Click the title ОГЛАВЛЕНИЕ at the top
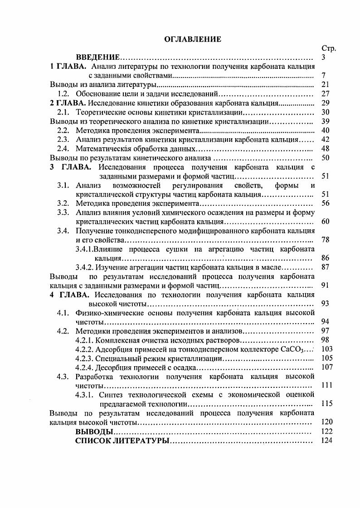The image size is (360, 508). click(193, 39)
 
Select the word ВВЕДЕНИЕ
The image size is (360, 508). click(97, 58)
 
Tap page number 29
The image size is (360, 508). click(325, 102)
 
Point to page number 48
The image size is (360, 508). click(325, 149)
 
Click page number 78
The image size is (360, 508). click(325, 240)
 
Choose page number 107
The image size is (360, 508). click(326, 367)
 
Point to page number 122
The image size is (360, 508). click(326, 431)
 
